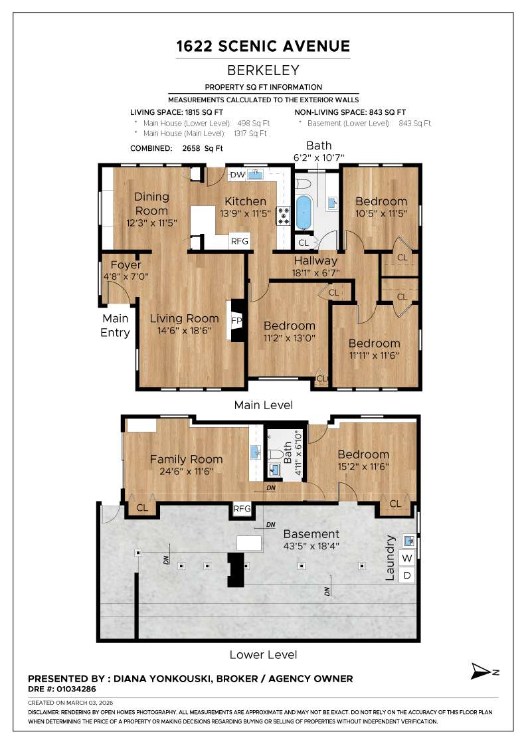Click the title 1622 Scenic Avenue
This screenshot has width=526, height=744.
point(263,46)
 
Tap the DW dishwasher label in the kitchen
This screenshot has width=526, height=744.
point(237,175)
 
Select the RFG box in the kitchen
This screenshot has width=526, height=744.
point(239,241)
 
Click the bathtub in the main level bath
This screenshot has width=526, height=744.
point(304,211)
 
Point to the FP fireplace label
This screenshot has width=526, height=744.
point(236,320)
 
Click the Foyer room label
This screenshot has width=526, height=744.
point(126,265)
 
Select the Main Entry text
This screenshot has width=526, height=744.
point(116,325)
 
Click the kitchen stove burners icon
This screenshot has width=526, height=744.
point(284,214)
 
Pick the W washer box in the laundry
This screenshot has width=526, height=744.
point(408,557)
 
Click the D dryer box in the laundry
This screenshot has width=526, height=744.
point(408,575)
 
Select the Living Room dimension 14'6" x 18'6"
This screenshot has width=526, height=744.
point(184,331)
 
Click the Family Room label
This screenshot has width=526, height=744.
point(186,459)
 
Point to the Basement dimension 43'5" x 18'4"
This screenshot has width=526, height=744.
point(311,547)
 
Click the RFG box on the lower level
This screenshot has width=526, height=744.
point(242,509)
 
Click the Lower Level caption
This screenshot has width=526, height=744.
point(263,655)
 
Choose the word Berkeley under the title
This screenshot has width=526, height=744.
point(263,70)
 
